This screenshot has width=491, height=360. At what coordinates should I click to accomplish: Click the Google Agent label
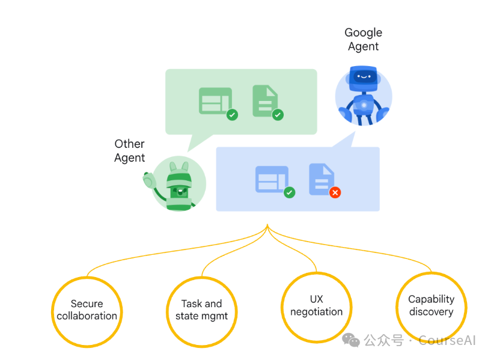click(363, 39)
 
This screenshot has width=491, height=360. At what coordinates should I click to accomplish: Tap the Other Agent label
click(130, 151)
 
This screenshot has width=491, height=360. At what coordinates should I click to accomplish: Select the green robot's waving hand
click(148, 179)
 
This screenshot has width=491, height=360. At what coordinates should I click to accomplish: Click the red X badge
click(335, 192)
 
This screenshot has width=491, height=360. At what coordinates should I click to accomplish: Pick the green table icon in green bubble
click(215, 101)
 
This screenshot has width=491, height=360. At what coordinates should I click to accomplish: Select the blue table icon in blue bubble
click(272, 179)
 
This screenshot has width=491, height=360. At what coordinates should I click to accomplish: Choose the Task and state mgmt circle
click(201, 311)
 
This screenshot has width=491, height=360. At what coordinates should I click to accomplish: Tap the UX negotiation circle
click(316, 307)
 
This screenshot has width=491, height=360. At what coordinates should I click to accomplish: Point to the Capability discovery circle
click(431, 307)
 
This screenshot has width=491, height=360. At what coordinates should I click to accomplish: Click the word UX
click(316, 299)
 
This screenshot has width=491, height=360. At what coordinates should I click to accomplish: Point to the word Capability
click(431, 299)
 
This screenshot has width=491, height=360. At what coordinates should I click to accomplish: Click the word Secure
click(87, 304)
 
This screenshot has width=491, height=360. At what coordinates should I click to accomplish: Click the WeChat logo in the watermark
click(351, 340)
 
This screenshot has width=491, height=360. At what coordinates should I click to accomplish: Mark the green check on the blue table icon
click(290, 192)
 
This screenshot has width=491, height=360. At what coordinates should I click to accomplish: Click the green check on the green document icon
click(278, 114)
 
